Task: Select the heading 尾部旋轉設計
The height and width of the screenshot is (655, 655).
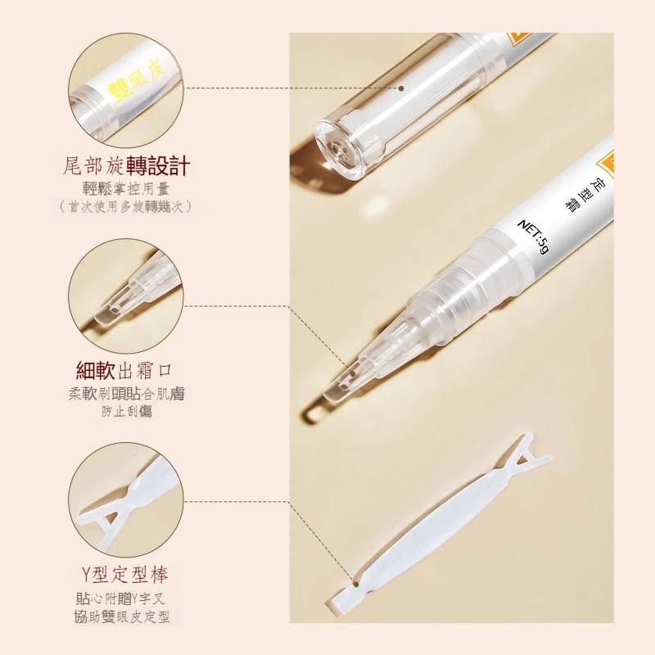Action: [126, 165]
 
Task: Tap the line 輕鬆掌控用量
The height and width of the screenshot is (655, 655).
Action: [126, 189]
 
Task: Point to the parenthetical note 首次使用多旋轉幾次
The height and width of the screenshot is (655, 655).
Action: [126, 207]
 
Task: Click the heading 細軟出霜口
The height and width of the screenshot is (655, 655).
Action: [124, 370]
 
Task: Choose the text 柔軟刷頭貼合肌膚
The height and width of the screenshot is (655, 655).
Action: [126, 394]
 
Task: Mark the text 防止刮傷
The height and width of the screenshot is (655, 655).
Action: [127, 412]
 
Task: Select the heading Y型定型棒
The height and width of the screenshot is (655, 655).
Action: [125, 576]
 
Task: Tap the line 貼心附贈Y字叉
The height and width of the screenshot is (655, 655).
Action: [120, 599]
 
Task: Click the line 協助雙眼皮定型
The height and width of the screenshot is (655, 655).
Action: [122, 617]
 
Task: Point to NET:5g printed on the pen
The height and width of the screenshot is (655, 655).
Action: [534, 237]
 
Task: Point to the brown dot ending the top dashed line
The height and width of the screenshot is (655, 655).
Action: [401, 88]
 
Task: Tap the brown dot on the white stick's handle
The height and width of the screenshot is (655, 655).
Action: [356, 583]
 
